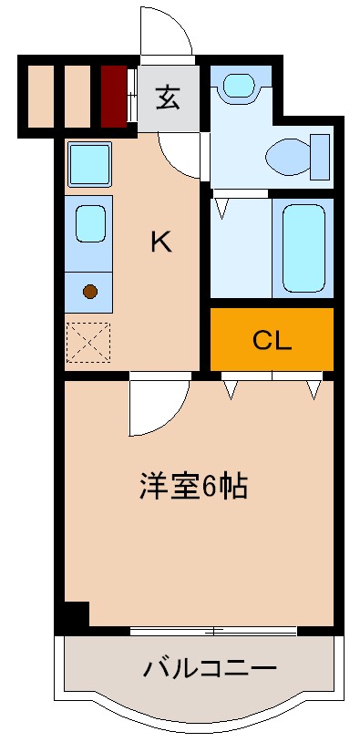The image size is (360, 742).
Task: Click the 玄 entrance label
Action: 167,96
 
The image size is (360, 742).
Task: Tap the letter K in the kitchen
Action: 159,242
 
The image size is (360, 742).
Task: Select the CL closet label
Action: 272,342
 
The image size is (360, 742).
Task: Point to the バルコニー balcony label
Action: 209,670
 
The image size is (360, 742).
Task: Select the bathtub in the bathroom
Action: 302,246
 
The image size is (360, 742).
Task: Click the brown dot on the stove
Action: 89,292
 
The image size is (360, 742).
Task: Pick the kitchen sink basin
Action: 89,223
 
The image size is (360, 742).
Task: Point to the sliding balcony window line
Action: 213,631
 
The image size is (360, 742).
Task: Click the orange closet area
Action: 301,328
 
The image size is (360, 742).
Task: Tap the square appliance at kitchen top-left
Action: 89,165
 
